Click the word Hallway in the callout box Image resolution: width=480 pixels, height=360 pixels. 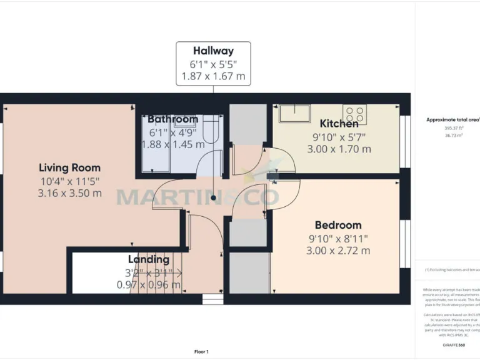213,51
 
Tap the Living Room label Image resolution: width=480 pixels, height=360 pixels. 69,167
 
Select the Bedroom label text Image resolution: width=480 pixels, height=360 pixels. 338,225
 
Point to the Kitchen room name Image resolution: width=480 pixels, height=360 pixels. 339,124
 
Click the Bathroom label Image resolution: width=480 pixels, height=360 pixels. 173,119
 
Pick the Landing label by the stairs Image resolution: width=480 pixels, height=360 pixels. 149,259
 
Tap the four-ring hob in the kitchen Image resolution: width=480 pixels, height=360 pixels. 354,114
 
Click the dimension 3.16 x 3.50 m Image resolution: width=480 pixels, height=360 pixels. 69,193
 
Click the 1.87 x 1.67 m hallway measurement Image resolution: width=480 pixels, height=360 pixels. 213,77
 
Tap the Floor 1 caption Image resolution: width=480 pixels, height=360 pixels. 201,352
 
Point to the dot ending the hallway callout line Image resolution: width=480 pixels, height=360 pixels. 213,198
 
